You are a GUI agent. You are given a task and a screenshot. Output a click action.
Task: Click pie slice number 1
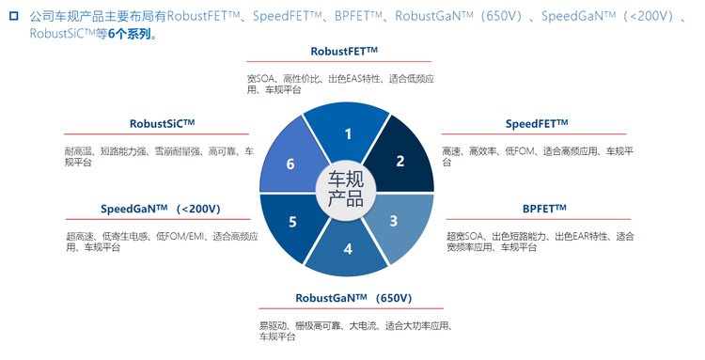point(347,131)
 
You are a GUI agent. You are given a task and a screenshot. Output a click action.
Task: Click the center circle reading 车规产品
point(346,189)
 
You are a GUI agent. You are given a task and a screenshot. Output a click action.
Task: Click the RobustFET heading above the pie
point(344,52)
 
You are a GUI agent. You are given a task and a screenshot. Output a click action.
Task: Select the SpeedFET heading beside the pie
point(537,123)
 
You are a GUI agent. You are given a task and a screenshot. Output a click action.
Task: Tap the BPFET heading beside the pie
point(544,209)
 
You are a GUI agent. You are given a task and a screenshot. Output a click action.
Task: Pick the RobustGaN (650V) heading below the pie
point(353,298)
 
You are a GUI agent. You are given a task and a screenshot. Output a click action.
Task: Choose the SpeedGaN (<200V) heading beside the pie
point(161,209)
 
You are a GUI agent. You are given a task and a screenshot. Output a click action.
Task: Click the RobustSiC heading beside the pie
point(162,123)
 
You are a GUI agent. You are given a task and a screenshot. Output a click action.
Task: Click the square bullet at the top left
point(14,17)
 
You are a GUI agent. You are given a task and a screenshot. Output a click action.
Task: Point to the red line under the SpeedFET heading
point(534,133)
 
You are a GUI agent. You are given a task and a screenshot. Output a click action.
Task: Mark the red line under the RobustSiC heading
point(156,133)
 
